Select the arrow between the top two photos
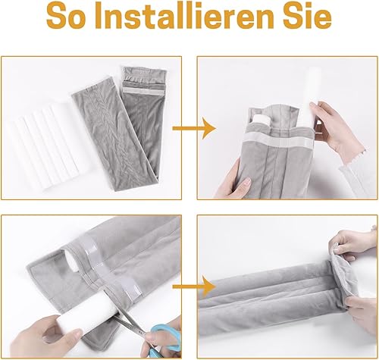point(194,128)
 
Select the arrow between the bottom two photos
point(194,286)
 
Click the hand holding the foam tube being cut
point(45,336)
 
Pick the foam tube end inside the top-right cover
point(262,119)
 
